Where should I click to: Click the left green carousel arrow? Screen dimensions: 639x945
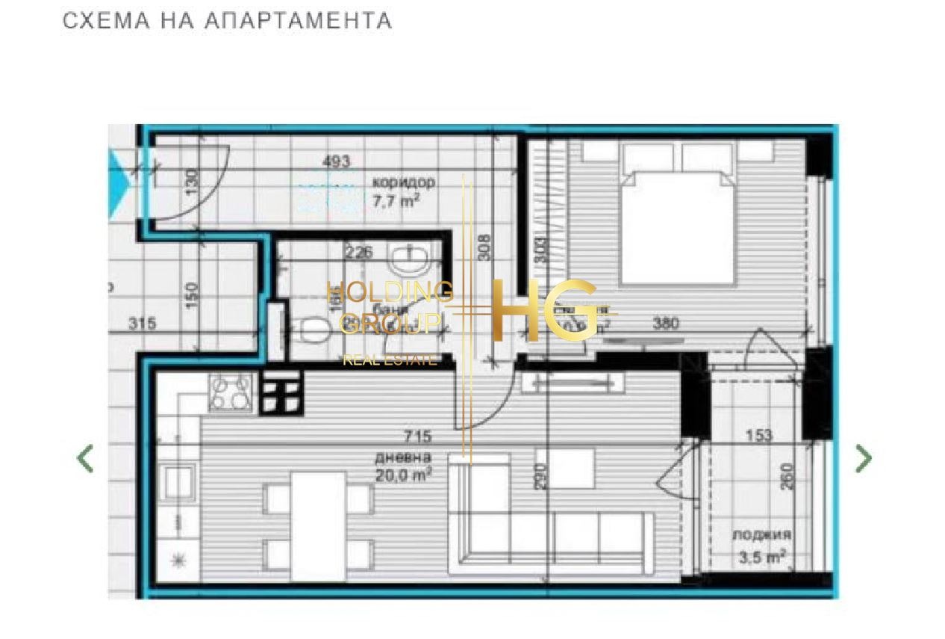[86, 458]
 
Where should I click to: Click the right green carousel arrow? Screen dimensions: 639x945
[863, 458]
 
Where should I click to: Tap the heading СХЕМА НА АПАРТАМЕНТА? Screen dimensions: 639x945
[227, 21]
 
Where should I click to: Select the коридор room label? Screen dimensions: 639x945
[402, 182]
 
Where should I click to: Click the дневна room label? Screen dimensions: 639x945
[403, 457]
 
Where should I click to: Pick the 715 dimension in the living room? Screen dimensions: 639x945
[417, 436]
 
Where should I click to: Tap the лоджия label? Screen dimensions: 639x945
[761, 535]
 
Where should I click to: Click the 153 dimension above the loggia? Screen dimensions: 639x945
[758, 436]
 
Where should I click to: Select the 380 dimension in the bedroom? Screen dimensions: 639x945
[666, 324]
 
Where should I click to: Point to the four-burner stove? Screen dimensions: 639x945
[231, 392]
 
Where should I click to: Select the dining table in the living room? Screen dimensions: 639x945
[318, 525]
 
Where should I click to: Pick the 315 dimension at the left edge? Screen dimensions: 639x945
[142, 324]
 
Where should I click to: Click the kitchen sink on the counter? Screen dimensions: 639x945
[179, 481]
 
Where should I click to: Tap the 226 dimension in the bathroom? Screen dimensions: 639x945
[358, 253]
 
